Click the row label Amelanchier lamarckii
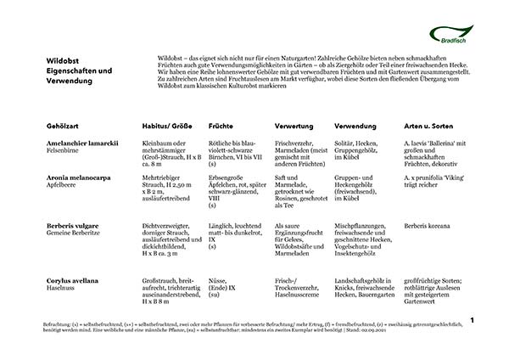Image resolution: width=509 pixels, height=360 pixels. [83, 143]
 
